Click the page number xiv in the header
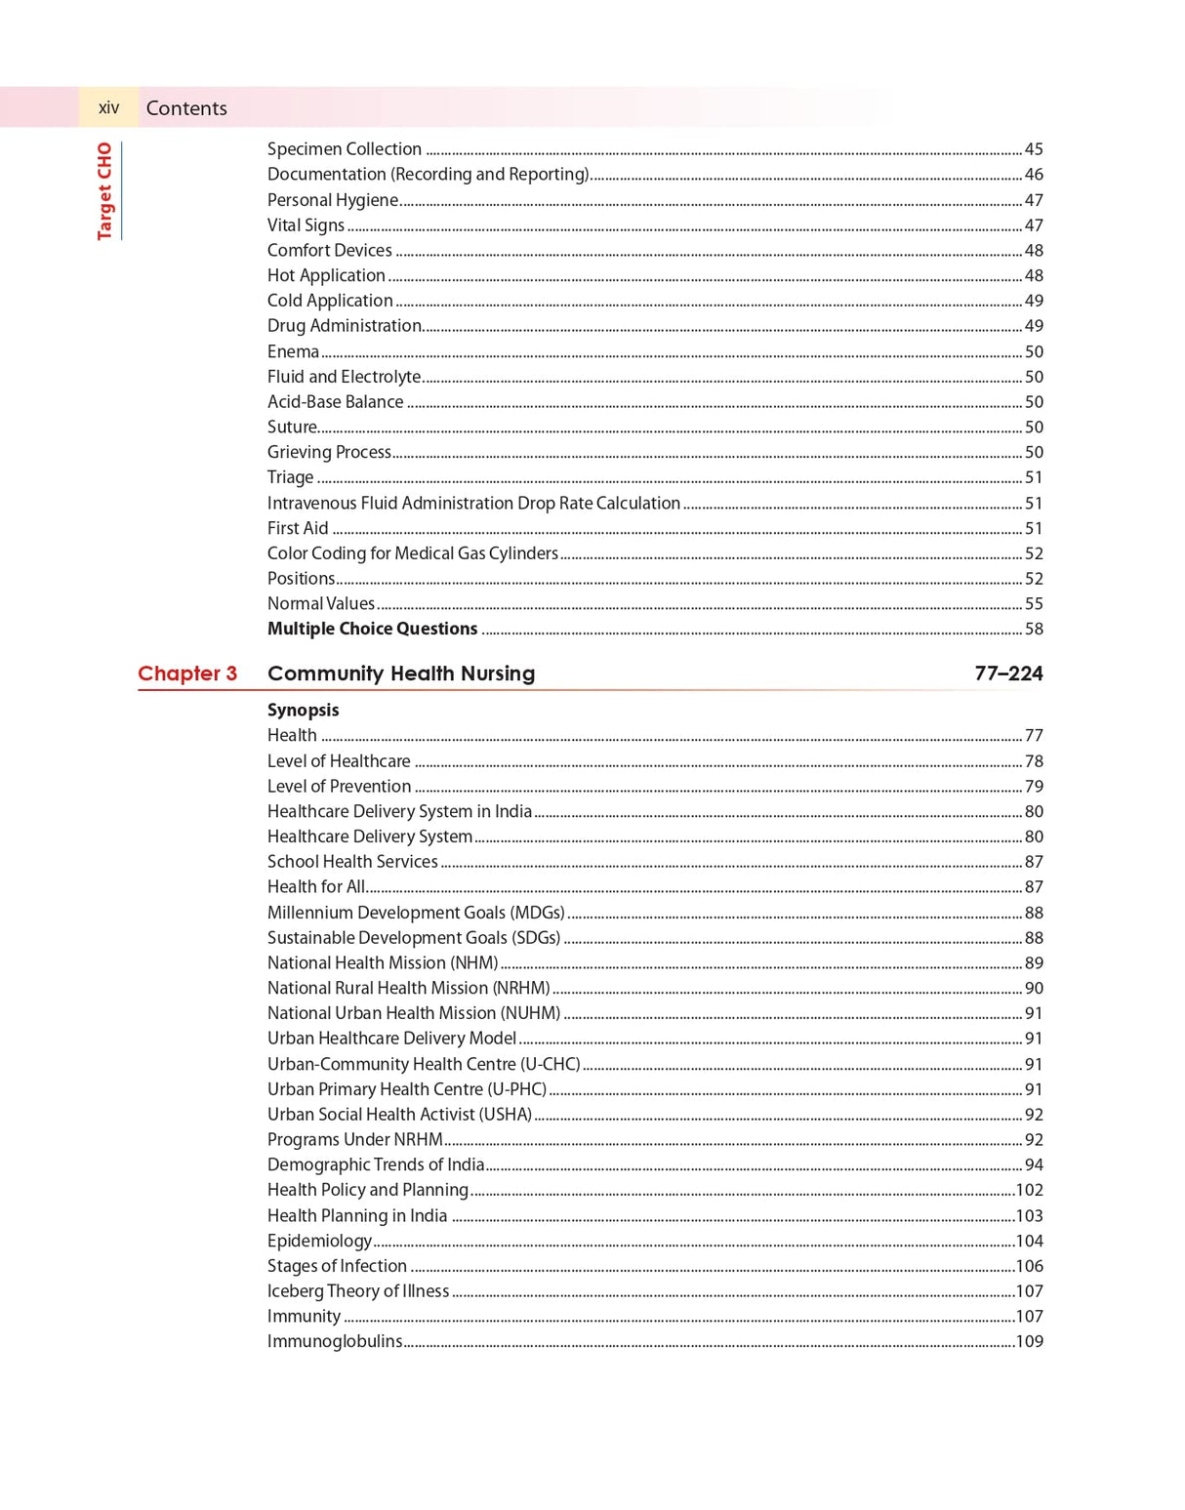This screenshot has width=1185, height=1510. coord(108,107)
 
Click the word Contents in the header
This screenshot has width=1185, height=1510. coord(186,108)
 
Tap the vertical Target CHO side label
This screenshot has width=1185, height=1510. coord(104,190)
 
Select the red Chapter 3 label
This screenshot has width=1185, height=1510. coord(187,673)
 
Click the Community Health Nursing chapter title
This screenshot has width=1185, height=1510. coord(401,673)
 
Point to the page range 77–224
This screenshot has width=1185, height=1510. coord(1008,673)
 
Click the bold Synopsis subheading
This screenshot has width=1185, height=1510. coord(304,711)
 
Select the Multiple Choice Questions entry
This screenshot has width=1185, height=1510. coord(372,630)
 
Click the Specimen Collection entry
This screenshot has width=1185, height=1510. coord(345,149)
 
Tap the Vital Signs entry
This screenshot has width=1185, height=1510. coord(306,225)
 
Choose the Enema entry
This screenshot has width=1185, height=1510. coord(293,351)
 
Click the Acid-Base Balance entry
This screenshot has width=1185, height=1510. coord(335,402)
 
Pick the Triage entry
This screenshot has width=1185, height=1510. coord(290,477)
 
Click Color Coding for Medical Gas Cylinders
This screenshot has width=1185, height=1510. coord(413,553)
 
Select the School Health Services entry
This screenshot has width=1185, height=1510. coord(352,862)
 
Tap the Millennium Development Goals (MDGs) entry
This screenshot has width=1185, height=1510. coord(416,913)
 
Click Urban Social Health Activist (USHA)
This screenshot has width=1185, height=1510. coord(399,1115)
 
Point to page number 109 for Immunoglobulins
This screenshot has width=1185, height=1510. coord(1029,1342)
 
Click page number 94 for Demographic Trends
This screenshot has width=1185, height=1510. coord(1034,1165)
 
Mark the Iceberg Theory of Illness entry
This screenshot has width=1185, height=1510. coord(358,1291)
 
